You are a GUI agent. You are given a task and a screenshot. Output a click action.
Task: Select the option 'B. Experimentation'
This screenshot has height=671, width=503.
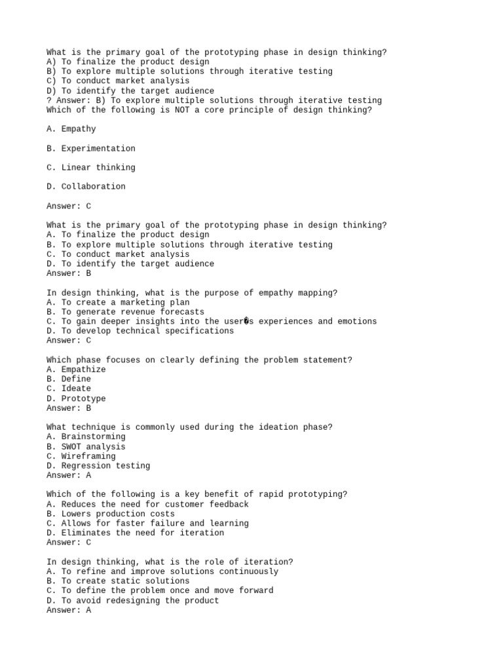[91, 148]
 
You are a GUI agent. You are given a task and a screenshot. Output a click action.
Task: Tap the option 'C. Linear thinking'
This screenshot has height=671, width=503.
[91, 167]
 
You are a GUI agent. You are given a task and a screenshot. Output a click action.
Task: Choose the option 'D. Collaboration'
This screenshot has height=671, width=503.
[86, 186]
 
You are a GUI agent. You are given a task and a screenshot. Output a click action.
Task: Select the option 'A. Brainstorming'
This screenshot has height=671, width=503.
[86, 436]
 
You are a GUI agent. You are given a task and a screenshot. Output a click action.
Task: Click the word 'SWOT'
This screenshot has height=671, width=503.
[71, 446]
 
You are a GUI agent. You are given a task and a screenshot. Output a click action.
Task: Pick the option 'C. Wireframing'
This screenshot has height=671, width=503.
[81, 456]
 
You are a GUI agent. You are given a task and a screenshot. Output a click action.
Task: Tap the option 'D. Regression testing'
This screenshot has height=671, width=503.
[98, 466]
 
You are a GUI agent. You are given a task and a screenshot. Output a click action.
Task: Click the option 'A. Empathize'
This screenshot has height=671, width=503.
[76, 370]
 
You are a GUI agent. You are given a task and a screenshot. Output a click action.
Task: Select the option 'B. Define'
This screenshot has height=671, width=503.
[69, 379]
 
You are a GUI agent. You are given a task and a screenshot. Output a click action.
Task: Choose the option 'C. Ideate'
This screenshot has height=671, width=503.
[69, 389]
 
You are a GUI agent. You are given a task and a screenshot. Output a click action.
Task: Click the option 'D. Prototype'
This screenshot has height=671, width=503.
[76, 398]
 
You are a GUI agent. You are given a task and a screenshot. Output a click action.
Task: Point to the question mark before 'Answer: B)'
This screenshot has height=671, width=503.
[49, 100]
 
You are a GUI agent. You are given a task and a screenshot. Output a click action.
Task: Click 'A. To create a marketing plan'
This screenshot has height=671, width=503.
[118, 302]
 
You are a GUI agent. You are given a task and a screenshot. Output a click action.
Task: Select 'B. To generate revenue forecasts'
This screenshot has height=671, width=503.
[125, 312]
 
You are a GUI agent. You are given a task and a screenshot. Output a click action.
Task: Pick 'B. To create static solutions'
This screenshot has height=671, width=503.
[118, 581]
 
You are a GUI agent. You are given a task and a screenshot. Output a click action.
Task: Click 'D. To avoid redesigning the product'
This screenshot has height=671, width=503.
[133, 600]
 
